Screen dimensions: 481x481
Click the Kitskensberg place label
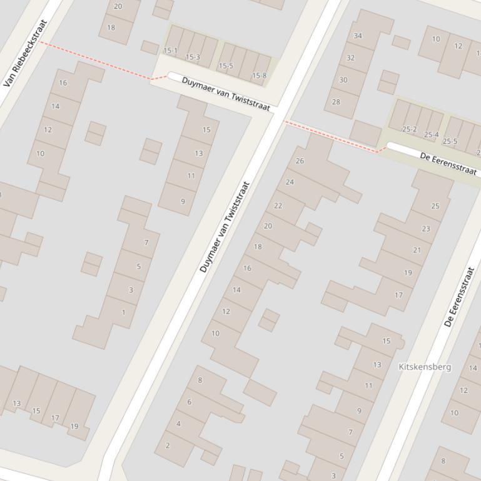pyautogui.click(x=424, y=367)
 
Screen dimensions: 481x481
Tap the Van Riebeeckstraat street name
pyautogui.click(x=26, y=54)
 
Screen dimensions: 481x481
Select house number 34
pyautogui.click(x=358, y=36)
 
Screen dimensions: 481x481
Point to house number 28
pyautogui.click(x=336, y=102)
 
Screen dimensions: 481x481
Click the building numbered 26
pyautogui.click(x=300, y=161)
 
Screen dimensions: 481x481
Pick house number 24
pyautogui.click(x=290, y=182)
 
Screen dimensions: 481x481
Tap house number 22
pyautogui.click(x=278, y=206)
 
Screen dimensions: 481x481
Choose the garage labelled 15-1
pyautogui.click(x=170, y=51)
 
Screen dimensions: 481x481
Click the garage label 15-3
pyautogui.click(x=193, y=57)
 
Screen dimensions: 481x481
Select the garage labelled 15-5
pyautogui.click(x=225, y=66)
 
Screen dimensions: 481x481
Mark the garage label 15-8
pyautogui.click(x=259, y=76)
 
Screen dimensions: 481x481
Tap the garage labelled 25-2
pyautogui.click(x=410, y=129)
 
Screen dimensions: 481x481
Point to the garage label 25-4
pyautogui.click(x=431, y=135)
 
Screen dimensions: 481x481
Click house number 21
pyautogui.click(x=417, y=250)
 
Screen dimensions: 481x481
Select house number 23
pyautogui.click(x=426, y=229)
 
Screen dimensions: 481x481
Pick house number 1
pyautogui.click(x=123, y=312)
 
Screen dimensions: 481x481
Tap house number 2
pyautogui.click(x=167, y=445)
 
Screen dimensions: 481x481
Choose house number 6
pyautogui.click(x=189, y=402)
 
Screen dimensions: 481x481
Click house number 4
pyautogui.click(x=178, y=424)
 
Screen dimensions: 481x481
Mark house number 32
pyautogui.click(x=350, y=58)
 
